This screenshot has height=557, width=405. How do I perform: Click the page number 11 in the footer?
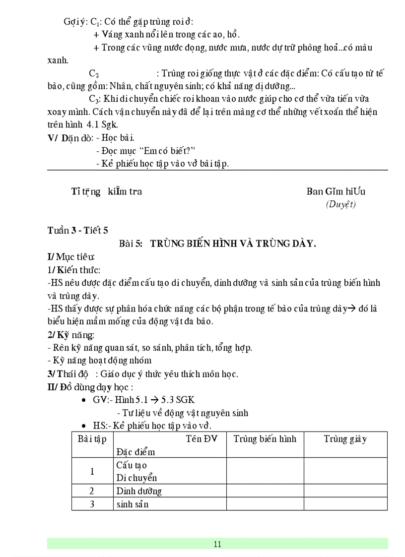217,544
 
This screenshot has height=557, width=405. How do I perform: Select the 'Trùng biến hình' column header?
265,438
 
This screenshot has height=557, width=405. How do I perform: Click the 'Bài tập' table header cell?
92,438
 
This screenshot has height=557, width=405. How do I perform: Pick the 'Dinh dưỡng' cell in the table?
139,491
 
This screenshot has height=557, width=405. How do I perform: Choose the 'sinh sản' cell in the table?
133,504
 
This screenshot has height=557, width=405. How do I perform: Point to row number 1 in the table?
92,471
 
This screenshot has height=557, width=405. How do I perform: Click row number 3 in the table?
92,504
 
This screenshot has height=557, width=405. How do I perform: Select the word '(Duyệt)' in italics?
340,204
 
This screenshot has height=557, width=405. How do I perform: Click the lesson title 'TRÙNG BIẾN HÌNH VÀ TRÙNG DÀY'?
233,243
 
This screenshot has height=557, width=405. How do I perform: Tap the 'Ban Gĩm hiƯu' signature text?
336,191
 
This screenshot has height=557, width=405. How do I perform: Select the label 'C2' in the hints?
94,73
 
